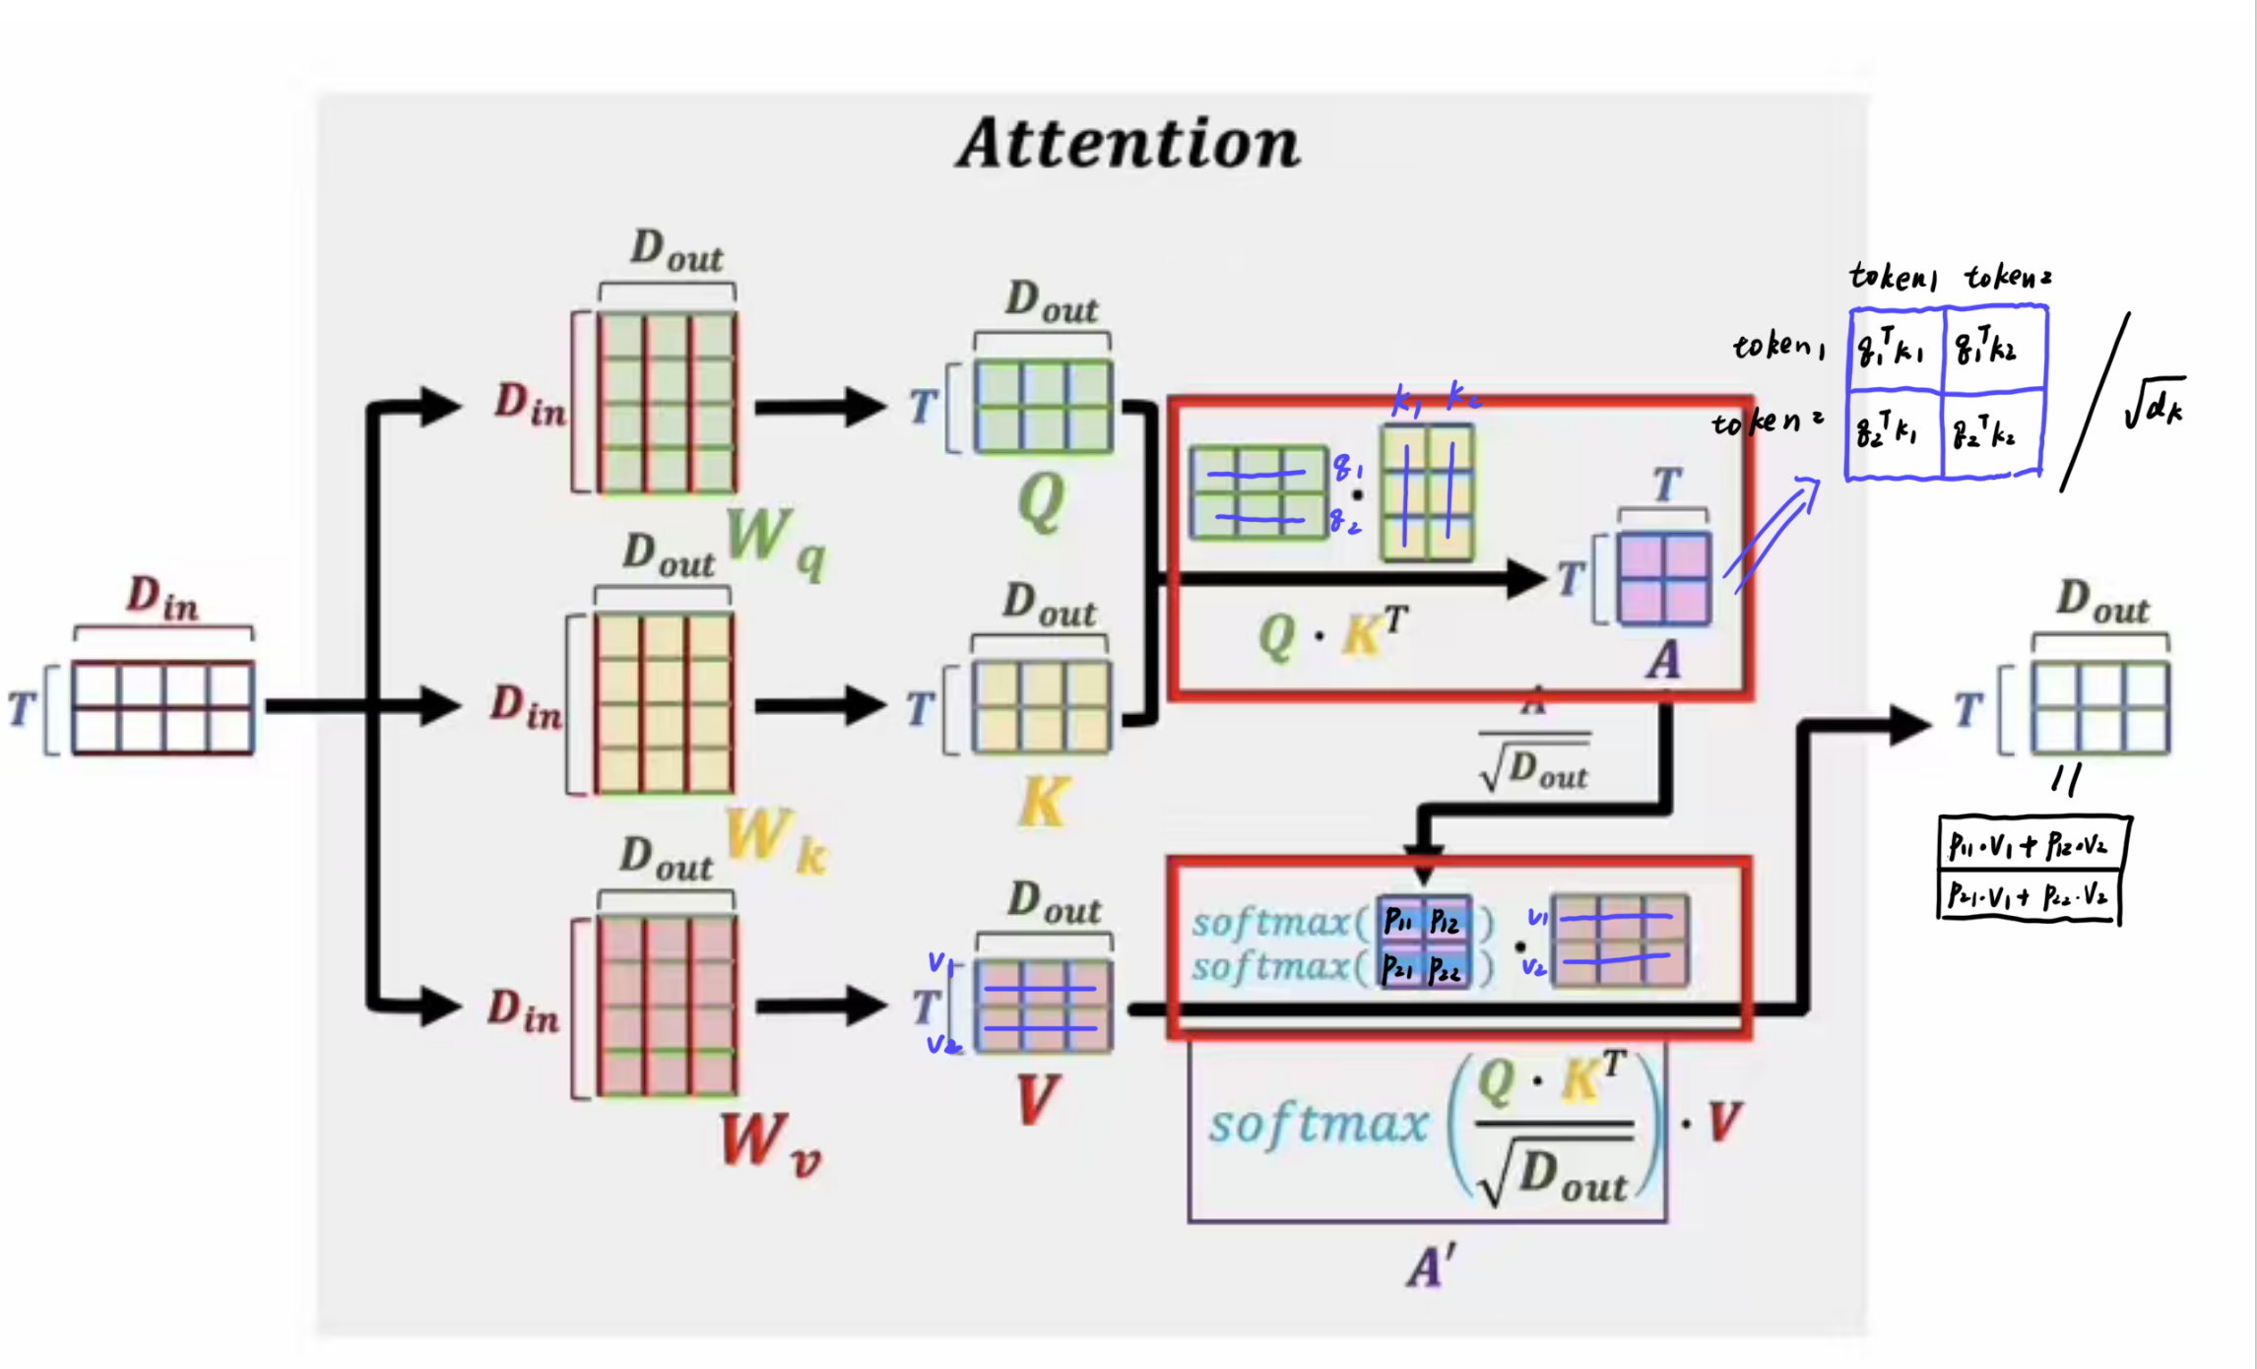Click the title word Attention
point(1128,144)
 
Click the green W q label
point(775,544)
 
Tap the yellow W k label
point(775,842)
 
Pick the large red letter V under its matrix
point(1036,1099)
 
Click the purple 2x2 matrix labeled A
point(1664,579)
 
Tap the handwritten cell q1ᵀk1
point(1893,349)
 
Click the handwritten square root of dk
point(2154,404)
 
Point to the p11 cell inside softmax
point(1399,921)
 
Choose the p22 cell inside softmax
point(1446,970)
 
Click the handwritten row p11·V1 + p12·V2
point(2029,845)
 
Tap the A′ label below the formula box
point(1431,1267)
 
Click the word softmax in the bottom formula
point(1318,1125)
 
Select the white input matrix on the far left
point(162,708)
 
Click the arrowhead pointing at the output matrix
point(1910,725)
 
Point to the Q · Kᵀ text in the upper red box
point(1332,634)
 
